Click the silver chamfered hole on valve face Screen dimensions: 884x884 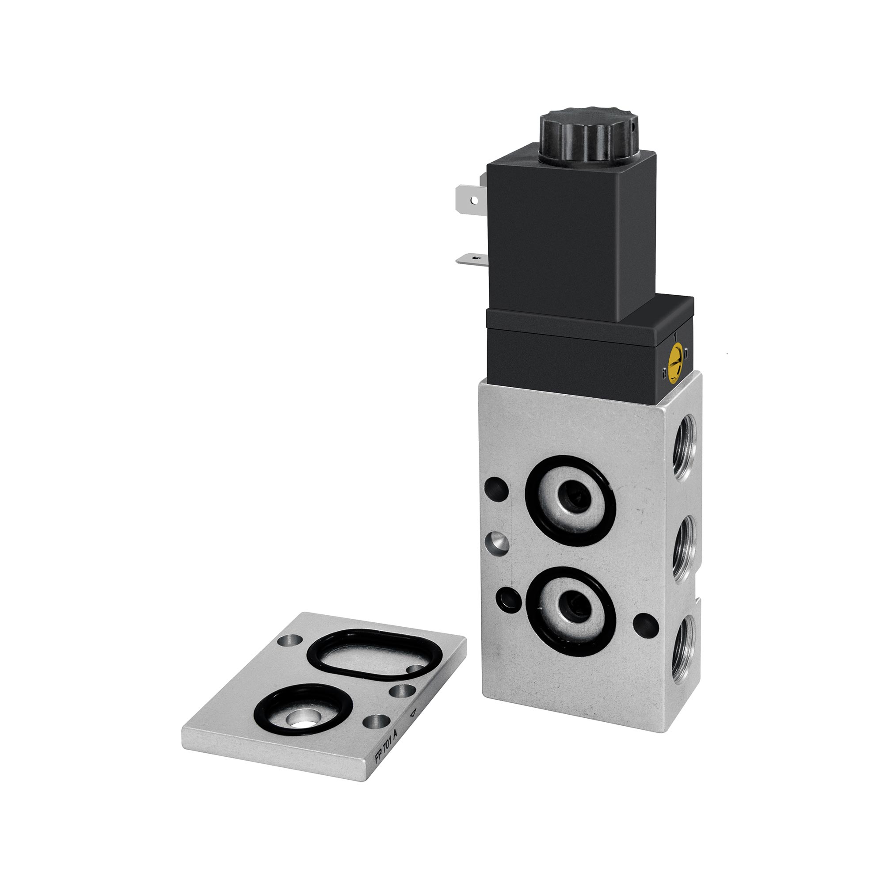pos(497,544)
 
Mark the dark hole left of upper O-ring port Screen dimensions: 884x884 pos(496,488)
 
